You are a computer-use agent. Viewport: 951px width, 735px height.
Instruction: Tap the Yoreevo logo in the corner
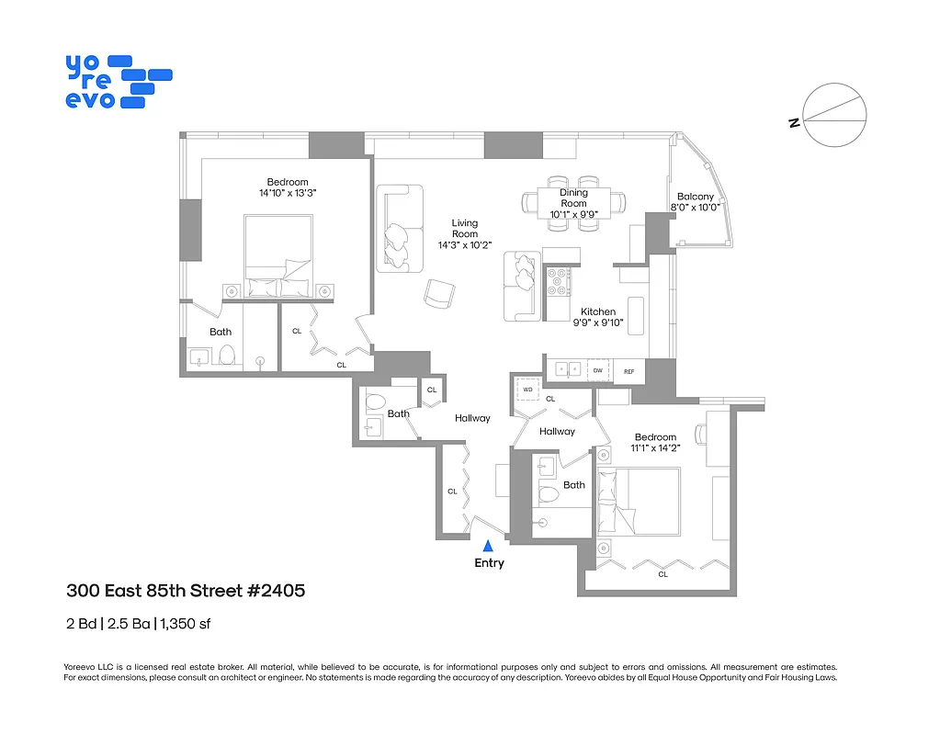pyautogui.click(x=118, y=82)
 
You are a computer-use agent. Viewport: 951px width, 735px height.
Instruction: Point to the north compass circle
pyautogui.click(x=835, y=115)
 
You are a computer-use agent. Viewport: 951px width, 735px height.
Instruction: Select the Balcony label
pyautogui.click(x=695, y=197)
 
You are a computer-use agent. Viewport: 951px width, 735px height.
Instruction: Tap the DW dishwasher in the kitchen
pyautogui.click(x=598, y=370)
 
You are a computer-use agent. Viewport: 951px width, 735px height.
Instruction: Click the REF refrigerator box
pyautogui.click(x=629, y=370)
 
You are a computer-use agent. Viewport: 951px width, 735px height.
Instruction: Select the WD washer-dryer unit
pyautogui.click(x=528, y=390)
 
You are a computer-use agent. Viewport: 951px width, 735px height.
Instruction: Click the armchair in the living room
pyautogui.click(x=439, y=293)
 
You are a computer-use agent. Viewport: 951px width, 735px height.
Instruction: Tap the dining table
pyautogui.click(x=574, y=201)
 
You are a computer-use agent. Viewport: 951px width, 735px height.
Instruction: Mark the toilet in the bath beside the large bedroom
pyautogui.click(x=226, y=355)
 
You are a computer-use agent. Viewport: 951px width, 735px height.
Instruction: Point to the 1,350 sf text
pyautogui.click(x=186, y=624)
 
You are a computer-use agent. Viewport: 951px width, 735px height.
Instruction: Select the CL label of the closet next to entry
pyautogui.click(x=452, y=492)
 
